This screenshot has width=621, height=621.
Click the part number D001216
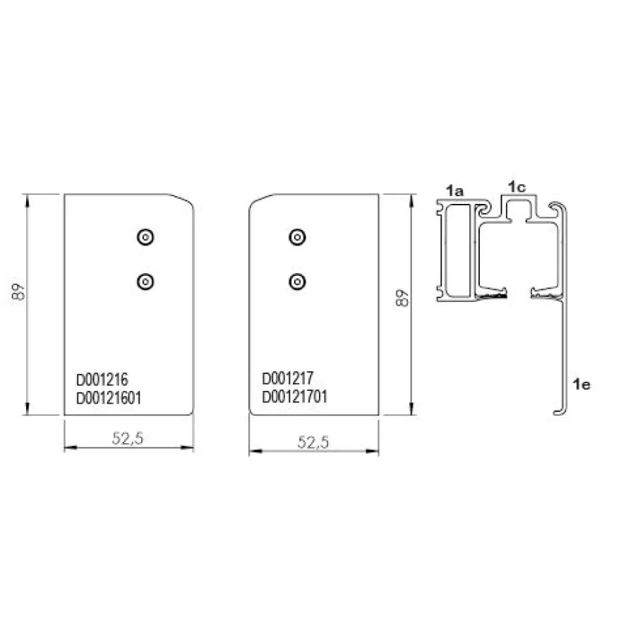[x=102, y=380]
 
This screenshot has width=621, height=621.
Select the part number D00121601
[x=109, y=397]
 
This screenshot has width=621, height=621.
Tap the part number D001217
[x=287, y=378]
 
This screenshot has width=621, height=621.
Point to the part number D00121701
[x=295, y=397]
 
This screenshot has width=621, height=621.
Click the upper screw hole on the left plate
[x=145, y=237]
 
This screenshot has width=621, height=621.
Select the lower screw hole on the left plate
[x=145, y=282]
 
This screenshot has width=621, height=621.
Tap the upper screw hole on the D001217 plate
[x=297, y=237]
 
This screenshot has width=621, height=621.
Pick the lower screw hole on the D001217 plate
[x=297, y=282]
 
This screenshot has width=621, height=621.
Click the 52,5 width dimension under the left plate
[x=128, y=438]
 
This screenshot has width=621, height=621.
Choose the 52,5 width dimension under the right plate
[x=313, y=442]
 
